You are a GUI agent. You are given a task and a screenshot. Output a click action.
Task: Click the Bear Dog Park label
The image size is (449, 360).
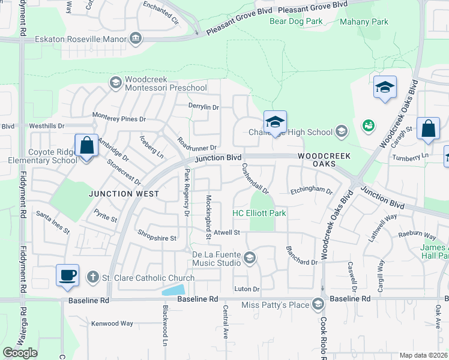(x=296, y=22)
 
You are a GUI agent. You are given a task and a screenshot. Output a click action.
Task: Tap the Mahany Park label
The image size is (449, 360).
(x=364, y=22)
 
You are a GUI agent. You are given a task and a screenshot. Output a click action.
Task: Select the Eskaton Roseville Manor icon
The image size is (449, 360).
(x=136, y=39)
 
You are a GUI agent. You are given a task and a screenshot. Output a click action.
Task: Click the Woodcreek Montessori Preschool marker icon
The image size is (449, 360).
(x=115, y=82)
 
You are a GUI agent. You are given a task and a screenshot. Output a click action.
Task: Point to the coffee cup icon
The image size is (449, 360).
(x=68, y=275)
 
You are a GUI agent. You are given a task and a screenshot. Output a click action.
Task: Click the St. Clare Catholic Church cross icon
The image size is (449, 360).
(x=92, y=277)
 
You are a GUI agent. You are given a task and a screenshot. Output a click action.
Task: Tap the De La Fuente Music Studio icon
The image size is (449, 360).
(x=250, y=259)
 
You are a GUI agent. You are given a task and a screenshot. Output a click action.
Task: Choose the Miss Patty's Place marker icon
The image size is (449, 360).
(x=318, y=305)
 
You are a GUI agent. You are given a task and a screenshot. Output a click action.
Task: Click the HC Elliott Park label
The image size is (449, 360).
(x=259, y=213)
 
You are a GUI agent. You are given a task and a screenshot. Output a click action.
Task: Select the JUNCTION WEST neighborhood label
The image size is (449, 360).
(x=124, y=194)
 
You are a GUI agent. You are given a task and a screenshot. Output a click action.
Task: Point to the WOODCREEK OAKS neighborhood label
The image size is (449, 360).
(x=324, y=160)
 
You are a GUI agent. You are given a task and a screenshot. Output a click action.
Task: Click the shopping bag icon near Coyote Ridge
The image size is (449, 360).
(x=86, y=146)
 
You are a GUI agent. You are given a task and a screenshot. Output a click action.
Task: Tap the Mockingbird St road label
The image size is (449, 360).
(x=209, y=217)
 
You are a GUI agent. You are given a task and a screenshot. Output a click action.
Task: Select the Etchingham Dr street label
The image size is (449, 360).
(x=311, y=191)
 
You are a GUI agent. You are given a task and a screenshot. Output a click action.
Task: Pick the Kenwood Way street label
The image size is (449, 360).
(x=112, y=323)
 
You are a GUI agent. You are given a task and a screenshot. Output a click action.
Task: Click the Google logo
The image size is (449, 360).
(x=19, y=352)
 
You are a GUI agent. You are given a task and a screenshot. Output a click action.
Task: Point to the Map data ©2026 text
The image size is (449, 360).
(x=423, y=355)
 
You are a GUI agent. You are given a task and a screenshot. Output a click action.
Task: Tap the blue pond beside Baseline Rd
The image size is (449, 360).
(x=173, y=290)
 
